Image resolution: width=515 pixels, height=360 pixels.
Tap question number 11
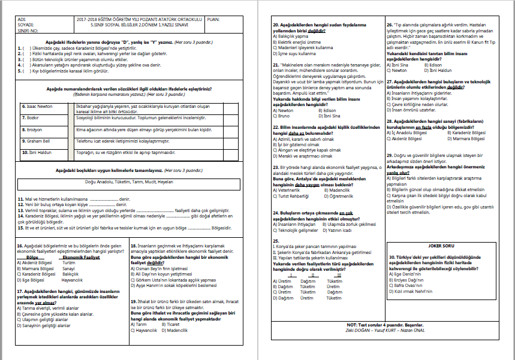click(20, 198)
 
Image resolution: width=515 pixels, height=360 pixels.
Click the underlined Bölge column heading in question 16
click(33, 257)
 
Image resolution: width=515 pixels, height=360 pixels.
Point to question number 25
click(275, 241)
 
